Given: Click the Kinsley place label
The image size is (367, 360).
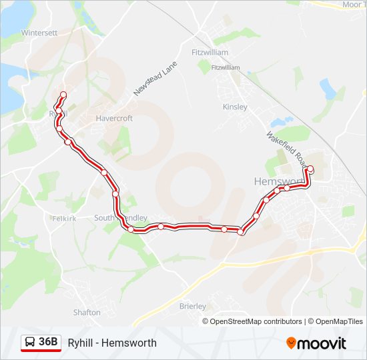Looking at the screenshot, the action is pyautogui.click(x=235, y=107).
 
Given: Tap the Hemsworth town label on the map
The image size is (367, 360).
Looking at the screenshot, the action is pyautogui.click(x=278, y=181).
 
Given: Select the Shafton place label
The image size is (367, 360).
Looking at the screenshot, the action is pyautogui.click(x=87, y=312).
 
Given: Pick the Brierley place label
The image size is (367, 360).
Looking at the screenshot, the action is pyautogui.click(x=193, y=306).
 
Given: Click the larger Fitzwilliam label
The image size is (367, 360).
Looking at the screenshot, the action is pyautogui.click(x=210, y=52).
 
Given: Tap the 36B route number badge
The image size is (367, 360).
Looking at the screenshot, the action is pyautogui.click(x=48, y=342).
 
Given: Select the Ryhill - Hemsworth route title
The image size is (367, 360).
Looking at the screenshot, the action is pyautogui.click(x=112, y=343).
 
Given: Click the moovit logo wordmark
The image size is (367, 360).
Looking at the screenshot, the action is pyautogui.click(x=322, y=343).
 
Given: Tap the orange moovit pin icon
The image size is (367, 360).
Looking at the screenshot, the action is pyautogui.click(x=291, y=343).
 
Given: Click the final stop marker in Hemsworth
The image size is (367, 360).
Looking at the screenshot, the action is pyautogui.click(x=310, y=169).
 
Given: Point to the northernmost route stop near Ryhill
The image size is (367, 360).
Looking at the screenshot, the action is pyautogui.click(x=63, y=95).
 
